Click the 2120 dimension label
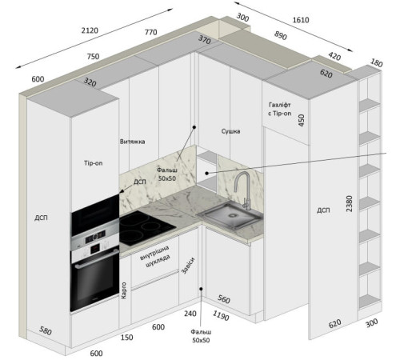[x=90, y=30]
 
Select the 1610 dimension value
[x=301, y=20]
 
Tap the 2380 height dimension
[x=350, y=204]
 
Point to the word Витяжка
[x=133, y=142]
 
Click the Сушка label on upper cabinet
[x=230, y=131]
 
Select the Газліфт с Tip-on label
[x=280, y=109]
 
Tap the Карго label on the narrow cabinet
[x=124, y=290]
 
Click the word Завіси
[x=188, y=266]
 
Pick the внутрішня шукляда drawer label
[x=155, y=256]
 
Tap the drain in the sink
[x=233, y=215]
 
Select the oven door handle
[x=97, y=258]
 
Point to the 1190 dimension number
[x=221, y=316]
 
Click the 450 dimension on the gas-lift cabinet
[x=302, y=120]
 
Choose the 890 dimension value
[x=281, y=35]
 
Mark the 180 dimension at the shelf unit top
[x=376, y=63]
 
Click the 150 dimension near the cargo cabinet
[x=126, y=338]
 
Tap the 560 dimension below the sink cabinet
[x=224, y=299]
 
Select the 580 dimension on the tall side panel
[x=46, y=331]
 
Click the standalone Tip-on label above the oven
[x=94, y=163]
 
